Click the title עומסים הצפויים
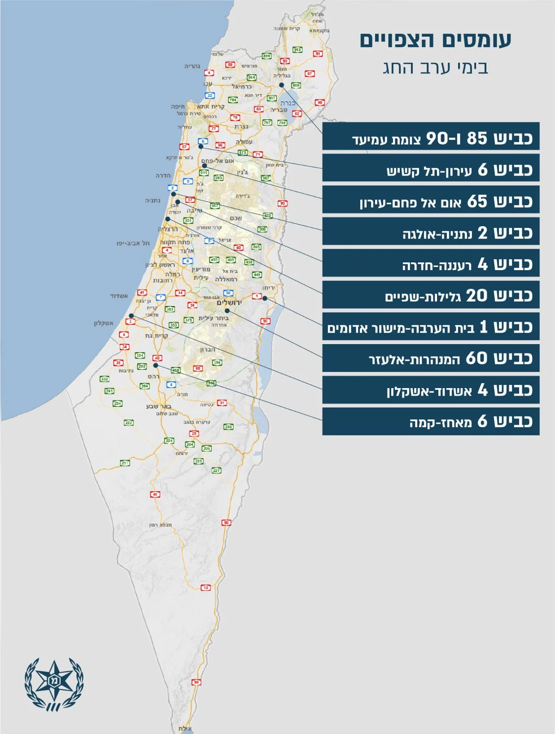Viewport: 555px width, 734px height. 435,40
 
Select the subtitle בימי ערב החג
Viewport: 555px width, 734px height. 435,68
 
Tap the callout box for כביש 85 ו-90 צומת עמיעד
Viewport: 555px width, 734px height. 431,137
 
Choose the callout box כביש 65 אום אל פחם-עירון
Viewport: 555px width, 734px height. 431,200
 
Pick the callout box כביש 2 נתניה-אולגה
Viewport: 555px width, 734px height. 431,232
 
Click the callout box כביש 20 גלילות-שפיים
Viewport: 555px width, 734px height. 431,295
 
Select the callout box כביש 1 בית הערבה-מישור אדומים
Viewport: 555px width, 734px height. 431,326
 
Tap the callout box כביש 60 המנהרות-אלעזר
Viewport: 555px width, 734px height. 431,358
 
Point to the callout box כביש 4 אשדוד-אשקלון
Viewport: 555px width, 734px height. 431,389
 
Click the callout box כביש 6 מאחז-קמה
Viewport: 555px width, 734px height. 431,421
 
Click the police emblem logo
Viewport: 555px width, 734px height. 54,684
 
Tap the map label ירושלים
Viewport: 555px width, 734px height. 229,302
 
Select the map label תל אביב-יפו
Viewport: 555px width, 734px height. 133,243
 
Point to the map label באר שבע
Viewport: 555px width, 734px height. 158,406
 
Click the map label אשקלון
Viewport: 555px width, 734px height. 103,323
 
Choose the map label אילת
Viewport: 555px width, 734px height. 185,728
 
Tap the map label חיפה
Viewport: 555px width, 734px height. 178,106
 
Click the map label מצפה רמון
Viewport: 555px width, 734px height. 160,525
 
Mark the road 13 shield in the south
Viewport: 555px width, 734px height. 206,587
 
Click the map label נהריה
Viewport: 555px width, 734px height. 192,66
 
